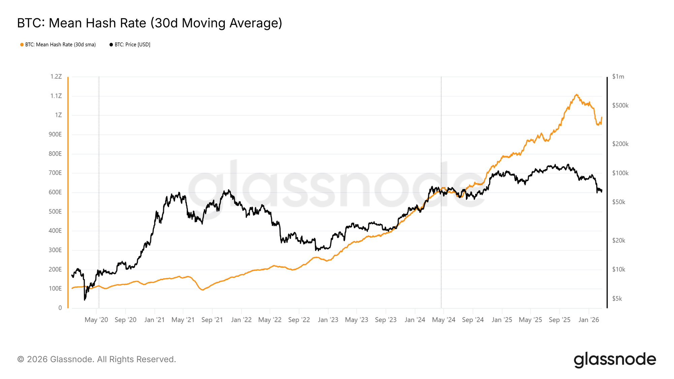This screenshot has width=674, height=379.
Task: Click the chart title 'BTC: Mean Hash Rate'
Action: click(x=149, y=23)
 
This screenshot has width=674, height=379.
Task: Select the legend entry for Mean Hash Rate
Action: click(x=60, y=44)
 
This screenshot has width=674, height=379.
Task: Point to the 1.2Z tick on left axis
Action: click(x=56, y=77)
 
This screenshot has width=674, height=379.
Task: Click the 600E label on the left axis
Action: click(x=55, y=192)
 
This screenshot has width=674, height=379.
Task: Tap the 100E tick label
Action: click(x=55, y=289)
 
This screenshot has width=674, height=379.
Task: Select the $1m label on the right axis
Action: click(x=618, y=77)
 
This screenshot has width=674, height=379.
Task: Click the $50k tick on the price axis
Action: click(x=618, y=202)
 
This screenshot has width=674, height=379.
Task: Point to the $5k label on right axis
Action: click(x=617, y=298)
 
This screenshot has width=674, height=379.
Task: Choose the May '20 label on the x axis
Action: click(x=96, y=320)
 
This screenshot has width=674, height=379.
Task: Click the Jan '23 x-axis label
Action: click(x=328, y=320)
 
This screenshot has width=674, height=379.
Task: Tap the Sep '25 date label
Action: click(x=559, y=320)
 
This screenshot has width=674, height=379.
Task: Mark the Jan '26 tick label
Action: click(x=588, y=320)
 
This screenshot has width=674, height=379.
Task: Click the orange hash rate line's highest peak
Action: click(x=577, y=95)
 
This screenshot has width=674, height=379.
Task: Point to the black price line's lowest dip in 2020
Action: click(x=85, y=299)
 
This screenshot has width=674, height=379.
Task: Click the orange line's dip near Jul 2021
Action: click(x=203, y=290)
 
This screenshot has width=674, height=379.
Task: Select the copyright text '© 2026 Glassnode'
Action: click(x=96, y=359)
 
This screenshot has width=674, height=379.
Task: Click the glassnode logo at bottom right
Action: click(x=615, y=359)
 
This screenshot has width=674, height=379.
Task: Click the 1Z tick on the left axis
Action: click(x=59, y=115)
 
